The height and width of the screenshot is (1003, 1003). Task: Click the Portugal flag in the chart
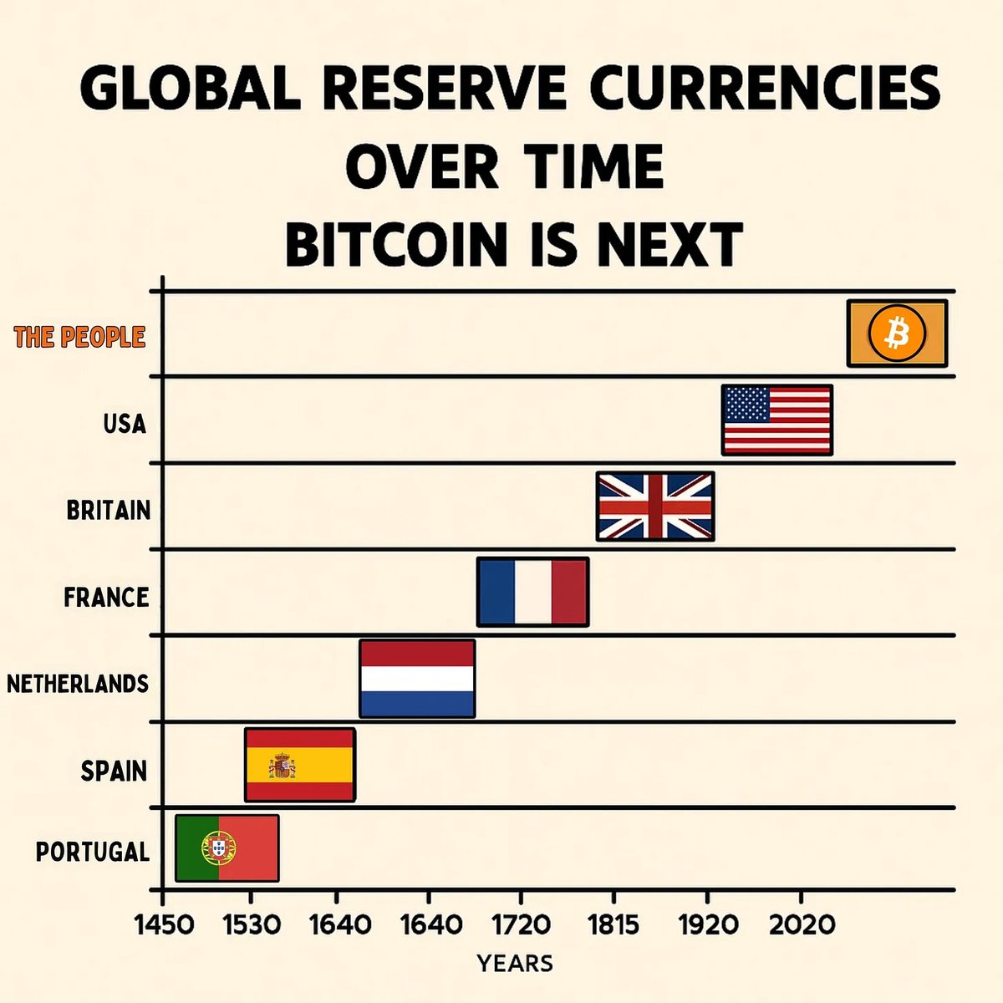227,848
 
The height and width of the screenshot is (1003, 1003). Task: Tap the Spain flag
300,765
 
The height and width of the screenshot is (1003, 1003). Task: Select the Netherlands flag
417,679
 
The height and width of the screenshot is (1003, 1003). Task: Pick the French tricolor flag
532,592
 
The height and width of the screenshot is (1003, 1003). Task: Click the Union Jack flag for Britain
655,507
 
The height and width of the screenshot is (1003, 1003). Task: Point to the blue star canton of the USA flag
746,405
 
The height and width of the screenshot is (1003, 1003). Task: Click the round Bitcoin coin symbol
897,333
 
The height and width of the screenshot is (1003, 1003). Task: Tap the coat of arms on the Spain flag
281,765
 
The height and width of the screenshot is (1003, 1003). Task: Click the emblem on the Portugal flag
218,848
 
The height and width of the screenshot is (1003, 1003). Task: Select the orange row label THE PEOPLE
79,338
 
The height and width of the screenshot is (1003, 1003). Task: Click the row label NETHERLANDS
78,684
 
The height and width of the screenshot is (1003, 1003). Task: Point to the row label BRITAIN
109,510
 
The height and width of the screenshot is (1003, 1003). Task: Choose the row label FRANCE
106,597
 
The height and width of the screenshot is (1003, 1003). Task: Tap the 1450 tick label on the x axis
165,925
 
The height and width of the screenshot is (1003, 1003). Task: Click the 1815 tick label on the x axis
614,925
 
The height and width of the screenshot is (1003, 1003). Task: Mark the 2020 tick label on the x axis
801,925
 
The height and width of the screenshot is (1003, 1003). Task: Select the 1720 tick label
520,925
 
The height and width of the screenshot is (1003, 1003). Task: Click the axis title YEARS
515,964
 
